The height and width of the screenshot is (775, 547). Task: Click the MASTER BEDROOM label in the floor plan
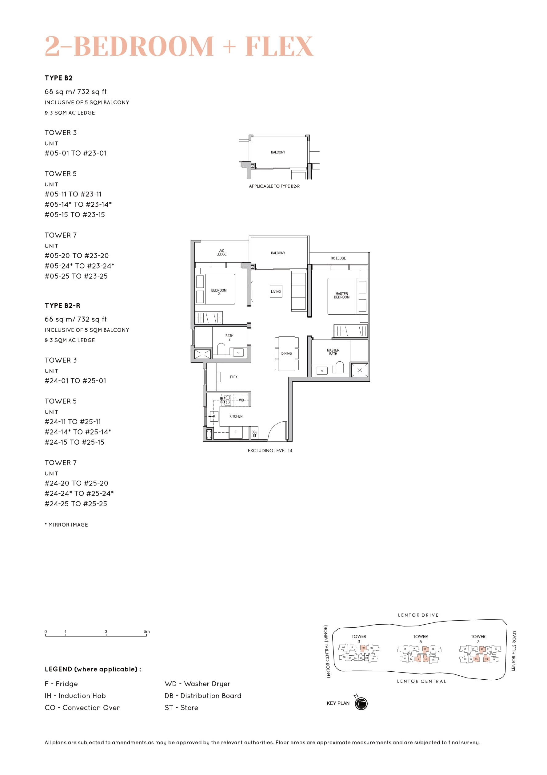tap(341, 295)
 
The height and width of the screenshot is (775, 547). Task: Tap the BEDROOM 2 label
tap(218, 292)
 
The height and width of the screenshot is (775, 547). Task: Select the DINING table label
tap(286, 353)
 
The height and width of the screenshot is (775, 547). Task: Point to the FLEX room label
tap(233, 377)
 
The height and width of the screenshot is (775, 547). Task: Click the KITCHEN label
tap(236, 416)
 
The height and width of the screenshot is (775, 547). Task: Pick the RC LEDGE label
tap(338, 258)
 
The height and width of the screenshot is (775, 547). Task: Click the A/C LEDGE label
tap(222, 252)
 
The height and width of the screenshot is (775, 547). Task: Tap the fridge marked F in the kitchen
tap(235, 432)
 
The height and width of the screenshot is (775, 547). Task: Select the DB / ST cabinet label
tap(254, 434)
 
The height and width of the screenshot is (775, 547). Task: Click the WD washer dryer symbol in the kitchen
tap(242, 400)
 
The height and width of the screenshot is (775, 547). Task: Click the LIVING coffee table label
tap(276, 291)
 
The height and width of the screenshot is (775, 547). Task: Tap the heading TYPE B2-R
tap(62, 305)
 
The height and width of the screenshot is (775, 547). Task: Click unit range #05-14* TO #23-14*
tap(78, 204)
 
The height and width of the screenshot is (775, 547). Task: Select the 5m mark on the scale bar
tap(146, 632)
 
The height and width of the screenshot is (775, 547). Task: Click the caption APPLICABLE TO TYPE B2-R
tap(274, 186)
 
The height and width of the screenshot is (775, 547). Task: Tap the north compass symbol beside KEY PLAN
tap(361, 703)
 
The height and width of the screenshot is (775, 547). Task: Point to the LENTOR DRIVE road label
tap(418, 615)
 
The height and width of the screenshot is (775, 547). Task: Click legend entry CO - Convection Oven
tap(82, 707)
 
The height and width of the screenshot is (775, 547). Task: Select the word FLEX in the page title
tap(279, 46)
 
